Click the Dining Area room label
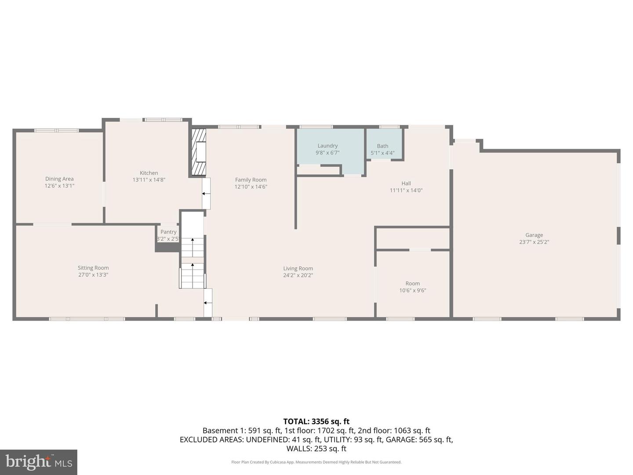(x=59, y=179)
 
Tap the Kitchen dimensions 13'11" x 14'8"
(x=149, y=180)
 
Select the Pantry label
(x=168, y=232)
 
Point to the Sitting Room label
(x=93, y=268)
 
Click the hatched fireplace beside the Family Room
(x=199, y=152)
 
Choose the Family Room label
(x=251, y=179)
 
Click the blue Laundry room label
(x=327, y=146)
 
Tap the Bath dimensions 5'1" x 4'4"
(x=382, y=153)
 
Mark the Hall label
(x=406, y=183)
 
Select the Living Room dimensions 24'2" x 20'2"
(x=298, y=275)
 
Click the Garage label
(x=534, y=235)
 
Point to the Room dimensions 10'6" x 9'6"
(x=413, y=291)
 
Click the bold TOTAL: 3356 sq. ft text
(x=316, y=421)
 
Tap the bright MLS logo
(x=39, y=462)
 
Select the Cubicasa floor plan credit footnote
(x=316, y=462)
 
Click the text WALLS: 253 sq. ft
(x=316, y=449)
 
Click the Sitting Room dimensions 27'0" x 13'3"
(x=93, y=275)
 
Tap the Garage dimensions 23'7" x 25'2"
(x=534, y=242)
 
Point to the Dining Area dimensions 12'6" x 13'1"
(x=59, y=186)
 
